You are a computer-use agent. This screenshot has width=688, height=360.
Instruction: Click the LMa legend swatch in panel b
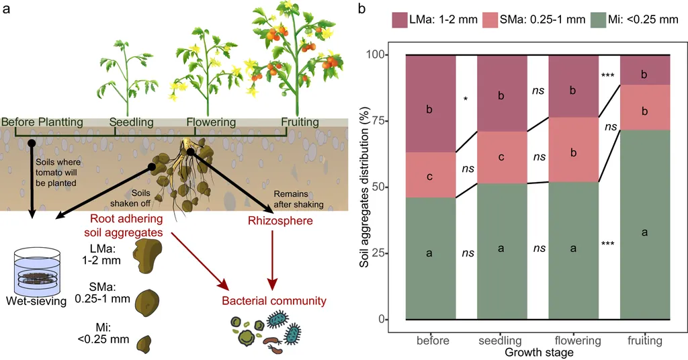400,19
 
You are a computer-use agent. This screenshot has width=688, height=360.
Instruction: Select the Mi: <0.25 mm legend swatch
599,19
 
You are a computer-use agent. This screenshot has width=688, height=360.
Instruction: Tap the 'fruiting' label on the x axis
644,341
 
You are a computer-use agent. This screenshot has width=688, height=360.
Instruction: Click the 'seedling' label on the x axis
500,341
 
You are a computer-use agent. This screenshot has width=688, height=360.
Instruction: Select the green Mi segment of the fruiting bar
644,224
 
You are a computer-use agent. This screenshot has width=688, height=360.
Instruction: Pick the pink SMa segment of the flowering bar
574,150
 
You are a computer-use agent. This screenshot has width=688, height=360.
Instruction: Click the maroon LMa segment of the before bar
431,103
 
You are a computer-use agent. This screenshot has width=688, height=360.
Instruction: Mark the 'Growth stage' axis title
539,353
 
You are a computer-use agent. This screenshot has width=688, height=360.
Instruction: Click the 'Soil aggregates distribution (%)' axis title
365,187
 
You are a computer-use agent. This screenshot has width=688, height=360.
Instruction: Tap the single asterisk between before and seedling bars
466,99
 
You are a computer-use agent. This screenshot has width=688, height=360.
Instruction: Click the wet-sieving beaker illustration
37,272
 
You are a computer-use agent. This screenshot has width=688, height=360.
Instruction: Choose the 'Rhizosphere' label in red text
280,220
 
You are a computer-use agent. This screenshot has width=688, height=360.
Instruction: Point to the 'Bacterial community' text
274,301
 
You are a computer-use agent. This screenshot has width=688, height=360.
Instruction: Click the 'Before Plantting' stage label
42,122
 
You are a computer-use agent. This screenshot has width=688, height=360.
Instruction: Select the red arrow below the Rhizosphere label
273,260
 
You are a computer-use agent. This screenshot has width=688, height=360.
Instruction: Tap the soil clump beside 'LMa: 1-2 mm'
147,255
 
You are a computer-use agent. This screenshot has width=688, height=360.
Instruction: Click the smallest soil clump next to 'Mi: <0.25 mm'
144,344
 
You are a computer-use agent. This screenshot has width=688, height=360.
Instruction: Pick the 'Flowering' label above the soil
211,122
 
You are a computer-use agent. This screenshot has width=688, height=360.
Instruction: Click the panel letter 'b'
361,8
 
